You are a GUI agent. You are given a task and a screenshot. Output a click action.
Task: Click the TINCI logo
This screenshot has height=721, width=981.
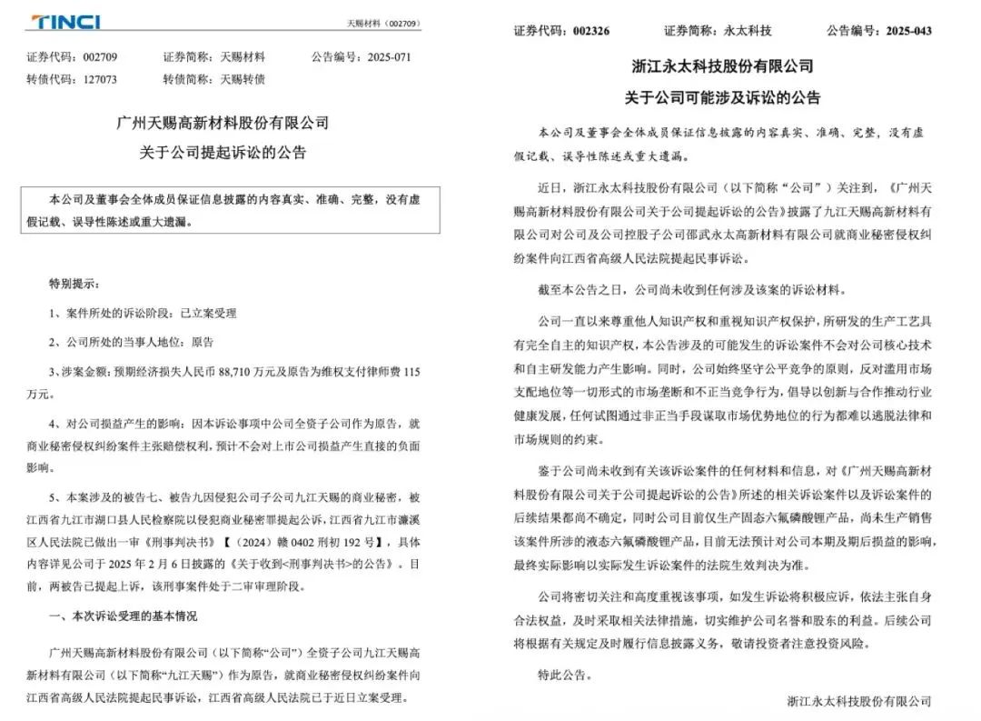point(65,22)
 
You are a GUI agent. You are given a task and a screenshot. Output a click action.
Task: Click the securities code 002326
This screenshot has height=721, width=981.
point(591,31)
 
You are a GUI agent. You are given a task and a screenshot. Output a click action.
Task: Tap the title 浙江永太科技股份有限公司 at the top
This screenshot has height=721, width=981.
point(722,66)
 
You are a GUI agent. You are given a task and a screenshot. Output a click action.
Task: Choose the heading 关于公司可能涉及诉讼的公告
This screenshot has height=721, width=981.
point(722,96)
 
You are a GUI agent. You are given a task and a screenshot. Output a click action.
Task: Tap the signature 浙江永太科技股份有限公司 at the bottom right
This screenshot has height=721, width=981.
point(859,702)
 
